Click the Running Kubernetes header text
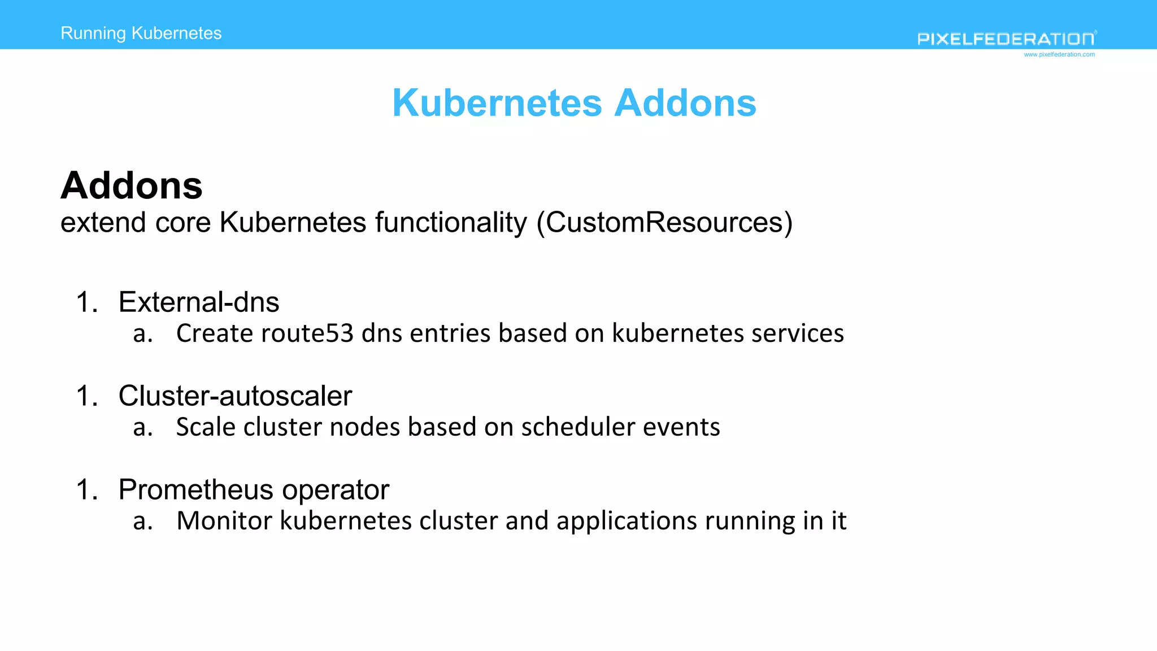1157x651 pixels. pyautogui.click(x=141, y=33)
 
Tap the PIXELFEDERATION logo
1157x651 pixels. pyautogui.click(x=1006, y=39)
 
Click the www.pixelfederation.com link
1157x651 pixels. pyautogui.click(x=1059, y=55)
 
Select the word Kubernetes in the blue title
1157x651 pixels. pyautogui.click(x=497, y=103)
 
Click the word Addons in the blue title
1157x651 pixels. pyautogui.click(x=685, y=103)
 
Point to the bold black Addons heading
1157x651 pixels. pyautogui.click(x=131, y=185)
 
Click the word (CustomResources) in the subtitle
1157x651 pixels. pyautogui.click(x=664, y=223)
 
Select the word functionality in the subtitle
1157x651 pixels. pyautogui.click(x=451, y=223)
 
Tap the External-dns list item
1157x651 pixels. pyautogui.click(x=199, y=302)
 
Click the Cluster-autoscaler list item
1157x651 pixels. pyautogui.click(x=235, y=396)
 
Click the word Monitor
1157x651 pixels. pyautogui.click(x=224, y=521)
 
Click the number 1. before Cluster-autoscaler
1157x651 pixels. pyautogui.click(x=87, y=396)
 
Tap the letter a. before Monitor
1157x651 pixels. pyautogui.click(x=143, y=521)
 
